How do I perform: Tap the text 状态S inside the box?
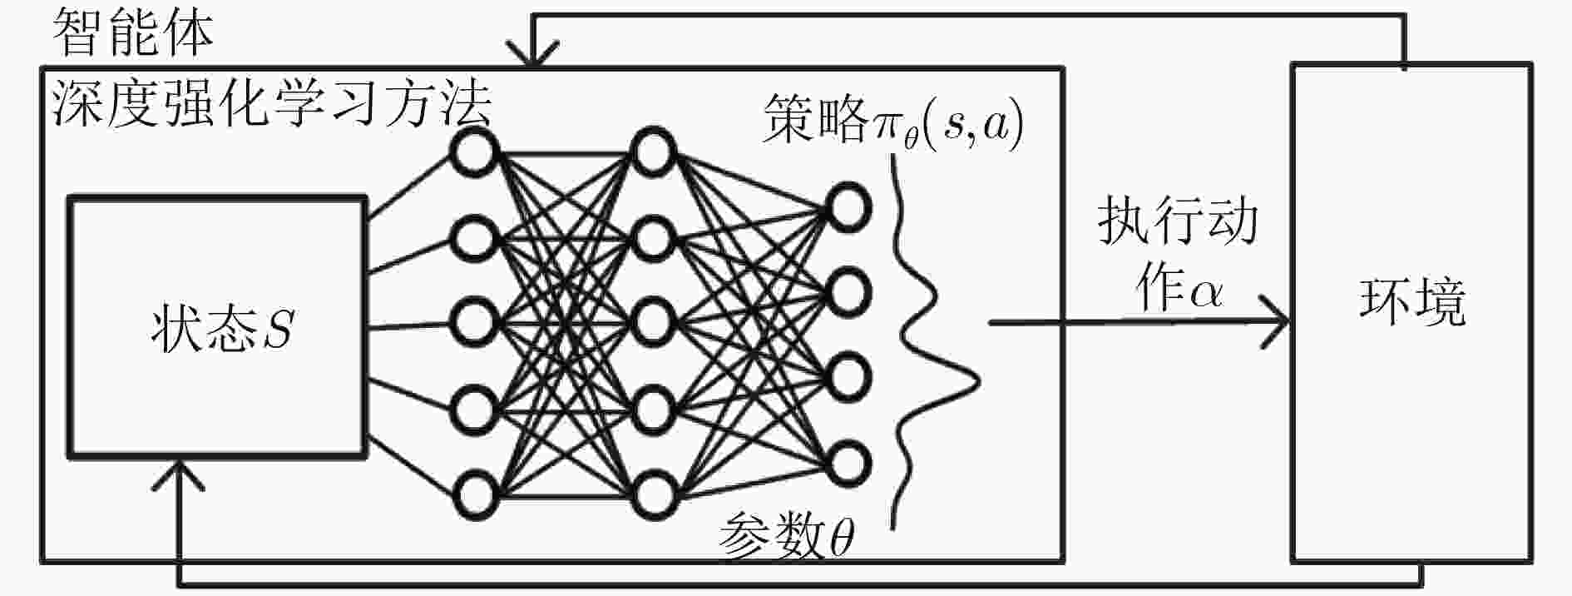[223, 328]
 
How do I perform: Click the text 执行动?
[1177, 221]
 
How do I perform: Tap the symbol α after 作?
[1204, 293]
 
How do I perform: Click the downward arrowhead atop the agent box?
[533, 55]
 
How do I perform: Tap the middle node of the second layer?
[653, 323]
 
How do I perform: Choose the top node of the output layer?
[848, 206]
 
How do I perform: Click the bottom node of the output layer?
[848, 462]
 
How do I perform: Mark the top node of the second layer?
[653, 151]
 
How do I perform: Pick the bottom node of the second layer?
[653, 495]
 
